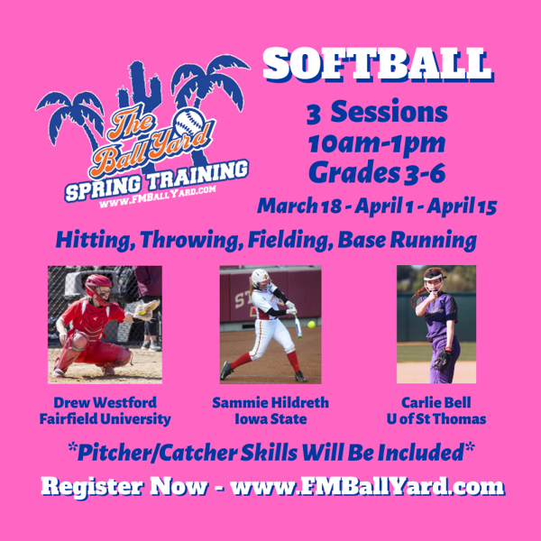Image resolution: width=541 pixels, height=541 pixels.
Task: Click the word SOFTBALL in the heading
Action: point(377,65)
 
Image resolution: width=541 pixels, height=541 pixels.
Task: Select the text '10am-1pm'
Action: point(377,142)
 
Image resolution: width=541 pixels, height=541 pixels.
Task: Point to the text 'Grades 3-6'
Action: point(377,171)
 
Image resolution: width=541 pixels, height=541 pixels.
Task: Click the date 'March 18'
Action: point(294,205)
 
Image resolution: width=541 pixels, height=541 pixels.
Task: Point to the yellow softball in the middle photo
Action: point(311,325)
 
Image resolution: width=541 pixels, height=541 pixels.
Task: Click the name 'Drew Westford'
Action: point(105,403)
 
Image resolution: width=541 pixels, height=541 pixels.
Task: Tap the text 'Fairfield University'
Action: point(105,419)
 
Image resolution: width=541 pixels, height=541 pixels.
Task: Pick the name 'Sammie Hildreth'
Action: point(270,403)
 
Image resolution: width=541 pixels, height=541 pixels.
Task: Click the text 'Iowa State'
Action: point(270,419)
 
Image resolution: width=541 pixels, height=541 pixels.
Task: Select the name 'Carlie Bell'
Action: point(436,403)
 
